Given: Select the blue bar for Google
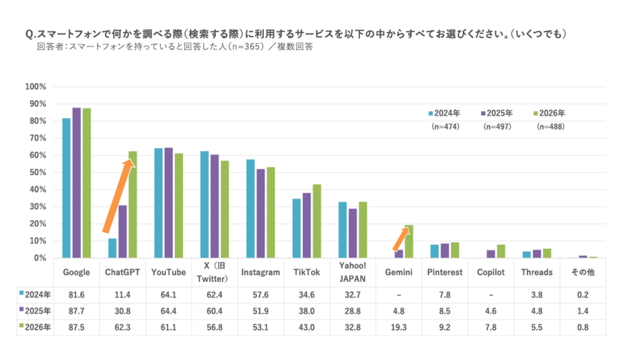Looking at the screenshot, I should pyautogui.click(x=66, y=188).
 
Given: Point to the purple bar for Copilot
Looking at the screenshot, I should pyautogui.click(x=490, y=254).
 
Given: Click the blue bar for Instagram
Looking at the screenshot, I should pyautogui.click(x=250, y=208).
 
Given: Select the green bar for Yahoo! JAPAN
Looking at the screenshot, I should pyautogui.click(x=363, y=229).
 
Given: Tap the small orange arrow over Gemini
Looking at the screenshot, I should pyautogui.click(x=399, y=239).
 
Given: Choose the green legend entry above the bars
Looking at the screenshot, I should pyautogui.click(x=548, y=112).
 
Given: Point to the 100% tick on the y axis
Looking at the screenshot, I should pyautogui.click(x=36, y=86).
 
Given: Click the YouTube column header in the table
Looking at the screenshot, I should pyautogui.click(x=169, y=272).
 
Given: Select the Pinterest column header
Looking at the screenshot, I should pyautogui.click(x=444, y=272).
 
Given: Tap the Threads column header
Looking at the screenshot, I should pyautogui.click(x=537, y=272).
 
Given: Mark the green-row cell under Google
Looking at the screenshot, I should pyautogui.click(x=76, y=328).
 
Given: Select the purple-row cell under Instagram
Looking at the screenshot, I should pyautogui.click(x=261, y=311).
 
